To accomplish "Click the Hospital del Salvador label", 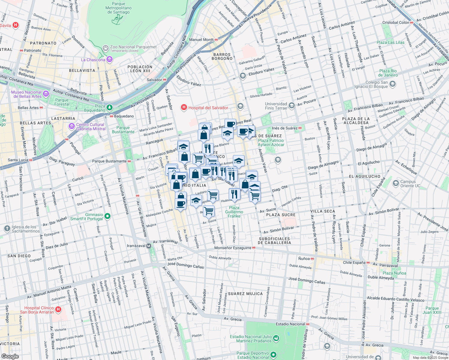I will coord(208,108).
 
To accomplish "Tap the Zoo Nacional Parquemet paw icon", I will coord(105,48).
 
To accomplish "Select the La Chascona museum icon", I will coord(110,60).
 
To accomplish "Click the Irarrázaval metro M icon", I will coord(149,246).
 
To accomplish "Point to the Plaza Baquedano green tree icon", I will coord(110,107).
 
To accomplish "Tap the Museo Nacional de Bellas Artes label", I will coord(26,94).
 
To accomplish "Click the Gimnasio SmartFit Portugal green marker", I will coord(108,216).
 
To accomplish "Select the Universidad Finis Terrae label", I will coord(276,106).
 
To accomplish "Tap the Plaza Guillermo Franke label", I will coord(234,212).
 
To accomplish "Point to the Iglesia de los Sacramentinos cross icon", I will coord(7,229).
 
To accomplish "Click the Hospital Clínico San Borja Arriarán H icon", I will coord(58,309).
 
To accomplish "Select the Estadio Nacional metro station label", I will coord(290,324).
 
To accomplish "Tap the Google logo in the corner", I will coord(10,356).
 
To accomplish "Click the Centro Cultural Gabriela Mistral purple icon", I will coord(71,126).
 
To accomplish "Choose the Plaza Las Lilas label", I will coord(390,42).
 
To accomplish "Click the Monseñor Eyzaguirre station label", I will coord(233,248).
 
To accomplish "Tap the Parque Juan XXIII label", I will coord(432,310).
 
